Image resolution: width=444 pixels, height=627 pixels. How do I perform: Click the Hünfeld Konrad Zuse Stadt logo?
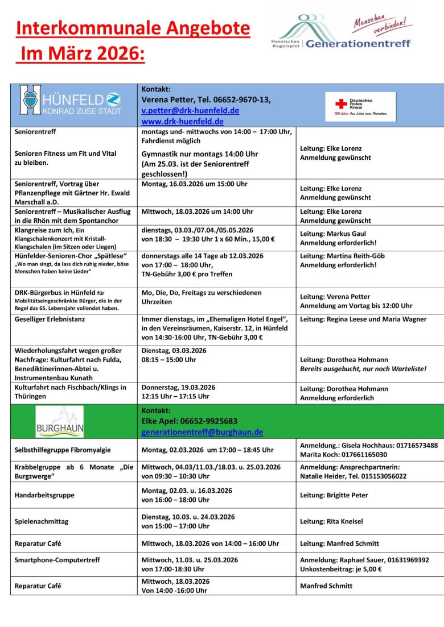tap(70, 100)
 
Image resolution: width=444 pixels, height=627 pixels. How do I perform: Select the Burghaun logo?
tap(60, 421)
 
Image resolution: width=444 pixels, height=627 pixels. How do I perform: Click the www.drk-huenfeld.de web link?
tap(182, 121)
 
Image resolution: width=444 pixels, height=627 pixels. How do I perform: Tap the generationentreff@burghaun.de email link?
tap(202, 432)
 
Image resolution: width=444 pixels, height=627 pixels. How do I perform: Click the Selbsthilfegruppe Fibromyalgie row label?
tap(63, 450)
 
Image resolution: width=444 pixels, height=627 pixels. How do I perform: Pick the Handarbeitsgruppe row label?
tap(44, 495)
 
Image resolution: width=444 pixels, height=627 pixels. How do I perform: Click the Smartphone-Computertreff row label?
tap(57, 560)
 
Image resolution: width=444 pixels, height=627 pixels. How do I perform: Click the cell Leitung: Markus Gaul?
tap(333, 234)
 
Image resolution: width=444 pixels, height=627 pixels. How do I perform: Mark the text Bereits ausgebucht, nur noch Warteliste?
tap(363, 368)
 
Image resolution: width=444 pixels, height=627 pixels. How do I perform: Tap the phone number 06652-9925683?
tap(209, 421)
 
